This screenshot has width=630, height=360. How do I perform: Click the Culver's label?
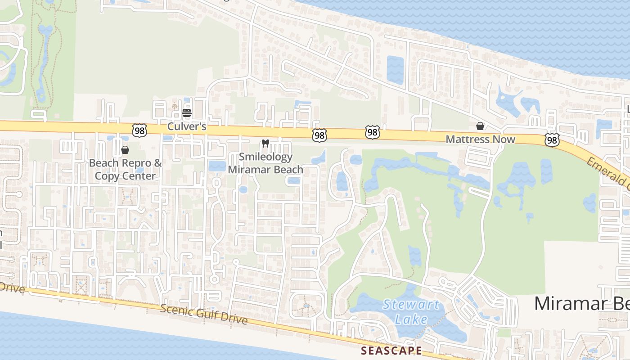pos(187,126)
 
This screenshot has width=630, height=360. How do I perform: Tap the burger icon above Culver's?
pos(187,112)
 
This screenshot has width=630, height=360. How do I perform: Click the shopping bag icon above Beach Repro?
pos(125,150)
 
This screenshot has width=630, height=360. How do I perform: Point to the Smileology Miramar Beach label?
pos(265,163)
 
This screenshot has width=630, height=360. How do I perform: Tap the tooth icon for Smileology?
pos(265,144)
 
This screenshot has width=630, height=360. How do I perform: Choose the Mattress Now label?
pos(480,139)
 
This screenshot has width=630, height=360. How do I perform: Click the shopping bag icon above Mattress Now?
pos(480,126)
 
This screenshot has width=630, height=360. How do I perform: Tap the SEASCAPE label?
pos(392,351)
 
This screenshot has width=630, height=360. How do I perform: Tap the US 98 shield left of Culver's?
pos(139,131)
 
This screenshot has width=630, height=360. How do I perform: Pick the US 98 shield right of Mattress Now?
pos(552,140)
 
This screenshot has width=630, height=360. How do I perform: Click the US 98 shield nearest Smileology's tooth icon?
pos(319,135)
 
